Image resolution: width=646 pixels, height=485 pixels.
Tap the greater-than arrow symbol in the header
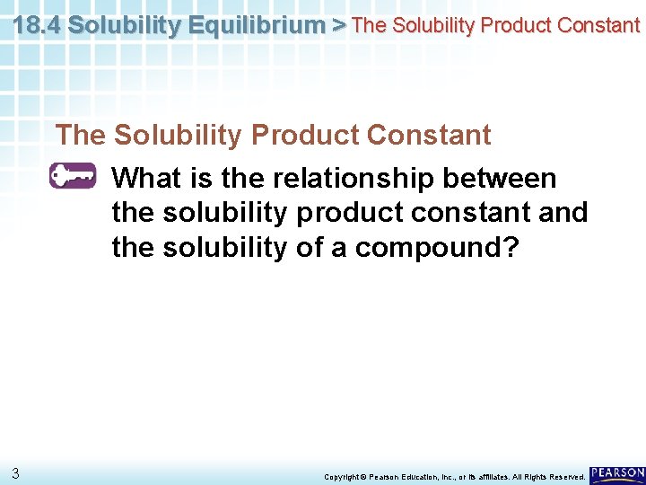click(x=338, y=24)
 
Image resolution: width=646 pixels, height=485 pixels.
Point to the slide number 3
click(x=16, y=472)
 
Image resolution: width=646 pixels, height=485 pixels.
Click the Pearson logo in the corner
click(x=617, y=472)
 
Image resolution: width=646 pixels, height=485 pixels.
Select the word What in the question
click(x=147, y=178)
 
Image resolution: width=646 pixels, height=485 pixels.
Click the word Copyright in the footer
click(x=345, y=476)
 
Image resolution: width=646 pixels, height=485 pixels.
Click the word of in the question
click(x=308, y=247)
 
